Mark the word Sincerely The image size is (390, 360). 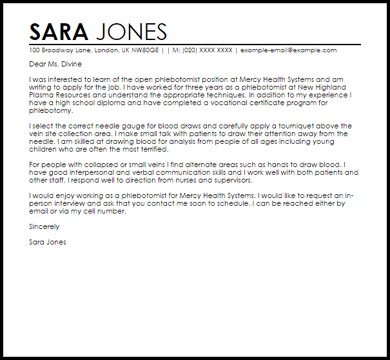click(44, 227)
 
